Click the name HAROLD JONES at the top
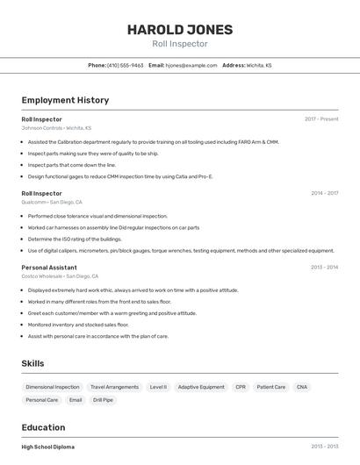pyautogui.click(x=179, y=29)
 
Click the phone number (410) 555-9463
pyautogui.click(x=125, y=65)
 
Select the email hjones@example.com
pyautogui.click(x=191, y=65)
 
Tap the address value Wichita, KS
pyautogui.click(x=259, y=65)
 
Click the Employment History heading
pyautogui.click(x=65, y=100)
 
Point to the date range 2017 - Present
pyautogui.click(x=321, y=118)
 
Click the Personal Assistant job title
pyautogui.click(x=49, y=267)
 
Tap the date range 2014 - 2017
pyautogui.click(x=324, y=193)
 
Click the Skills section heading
pyautogui.click(x=32, y=363)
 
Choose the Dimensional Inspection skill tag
pyautogui.click(x=53, y=387)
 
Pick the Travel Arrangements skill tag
pyautogui.click(x=114, y=387)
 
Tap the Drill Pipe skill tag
pyautogui.click(x=103, y=400)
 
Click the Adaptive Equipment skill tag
pyautogui.click(x=201, y=387)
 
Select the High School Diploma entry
pyautogui.click(x=47, y=447)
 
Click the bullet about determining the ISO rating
pyautogui.click(x=75, y=239)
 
